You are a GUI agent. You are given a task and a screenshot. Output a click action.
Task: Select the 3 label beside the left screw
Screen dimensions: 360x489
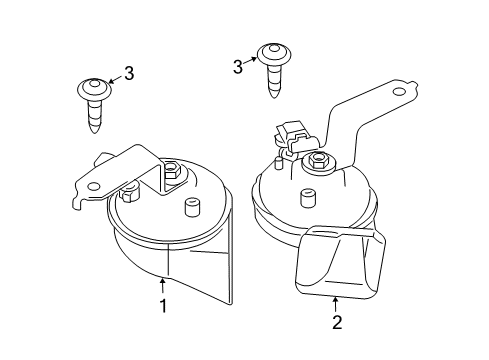[128, 72]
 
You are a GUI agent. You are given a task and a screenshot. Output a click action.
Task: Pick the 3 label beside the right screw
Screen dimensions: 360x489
[237, 67]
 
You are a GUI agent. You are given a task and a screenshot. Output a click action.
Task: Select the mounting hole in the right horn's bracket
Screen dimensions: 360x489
[399, 92]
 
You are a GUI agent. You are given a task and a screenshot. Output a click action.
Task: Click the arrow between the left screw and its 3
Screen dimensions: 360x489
[113, 77]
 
